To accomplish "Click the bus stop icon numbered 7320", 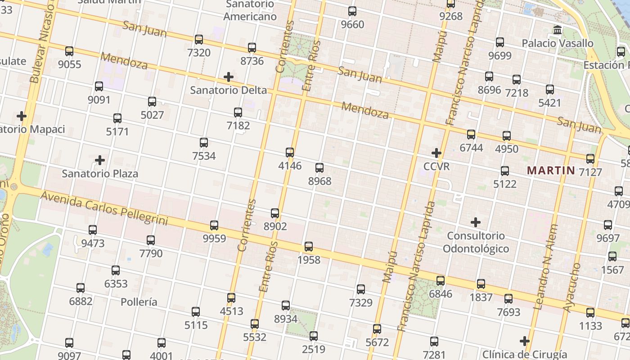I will click(199, 40).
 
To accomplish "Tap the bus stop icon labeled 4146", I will click(290, 153).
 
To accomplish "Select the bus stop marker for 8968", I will click(319, 168).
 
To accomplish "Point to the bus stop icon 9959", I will click(214, 225).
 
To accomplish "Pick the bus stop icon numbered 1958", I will click(309, 247).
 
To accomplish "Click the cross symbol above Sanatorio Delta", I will click(229, 77).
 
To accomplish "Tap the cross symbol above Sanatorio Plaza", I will click(100, 160).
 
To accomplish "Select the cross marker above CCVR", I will click(436, 153).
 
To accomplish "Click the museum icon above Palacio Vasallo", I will click(558, 30).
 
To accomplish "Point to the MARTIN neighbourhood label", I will click(551, 171).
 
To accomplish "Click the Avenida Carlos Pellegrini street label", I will click(104, 208).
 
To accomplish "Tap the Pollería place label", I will click(139, 302).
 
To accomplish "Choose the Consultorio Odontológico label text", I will click(476, 242).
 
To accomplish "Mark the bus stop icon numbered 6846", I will click(441, 281).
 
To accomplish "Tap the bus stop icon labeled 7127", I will click(590, 159).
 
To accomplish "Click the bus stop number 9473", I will click(93, 243).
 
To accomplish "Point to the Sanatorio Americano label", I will click(250, 10).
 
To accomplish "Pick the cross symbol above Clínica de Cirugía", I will click(525, 341).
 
